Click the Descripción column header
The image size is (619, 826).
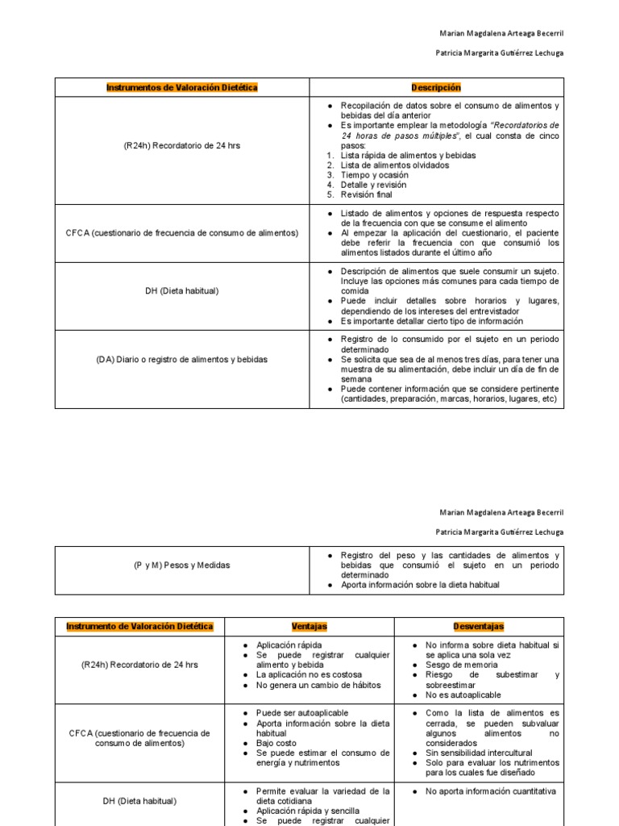(x=436, y=87)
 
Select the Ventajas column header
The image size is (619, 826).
(x=309, y=626)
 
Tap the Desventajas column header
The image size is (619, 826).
(x=479, y=626)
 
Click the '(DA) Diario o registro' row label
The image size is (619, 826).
(x=181, y=359)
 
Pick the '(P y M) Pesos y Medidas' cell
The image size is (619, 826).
(x=181, y=565)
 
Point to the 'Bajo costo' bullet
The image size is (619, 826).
(x=277, y=743)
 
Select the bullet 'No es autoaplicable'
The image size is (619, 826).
(x=463, y=695)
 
